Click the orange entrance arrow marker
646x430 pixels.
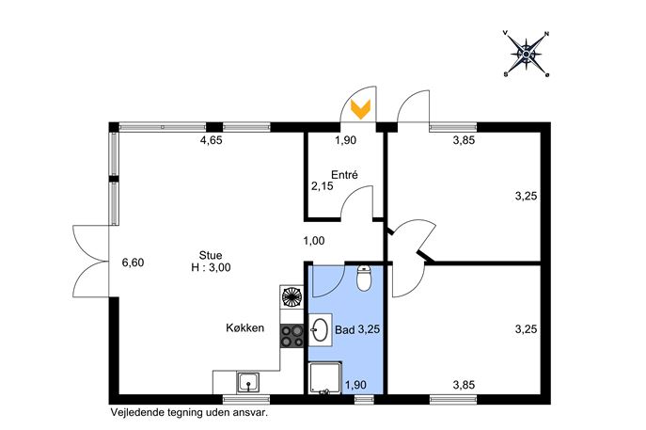(x=360, y=109)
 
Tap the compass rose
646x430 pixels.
(x=527, y=54)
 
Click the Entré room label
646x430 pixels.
(x=344, y=175)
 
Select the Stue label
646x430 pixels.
(x=211, y=255)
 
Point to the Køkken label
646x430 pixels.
(x=244, y=328)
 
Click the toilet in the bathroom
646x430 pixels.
(x=363, y=279)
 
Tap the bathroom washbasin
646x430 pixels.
(x=320, y=330)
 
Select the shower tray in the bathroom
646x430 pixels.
(x=325, y=377)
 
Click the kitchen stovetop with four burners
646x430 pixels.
(x=292, y=336)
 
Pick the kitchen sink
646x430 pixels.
(x=248, y=383)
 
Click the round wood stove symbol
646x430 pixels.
(x=291, y=296)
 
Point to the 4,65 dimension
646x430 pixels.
(x=211, y=140)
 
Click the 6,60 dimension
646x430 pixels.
(x=134, y=263)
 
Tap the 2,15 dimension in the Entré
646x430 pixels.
(x=323, y=186)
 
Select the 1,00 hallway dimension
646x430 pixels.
(x=314, y=240)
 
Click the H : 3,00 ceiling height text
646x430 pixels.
(x=211, y=267)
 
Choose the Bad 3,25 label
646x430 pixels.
(x=357, y=330)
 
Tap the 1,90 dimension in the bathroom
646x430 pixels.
(x=355, y=385)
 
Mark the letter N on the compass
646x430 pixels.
(x=546, y=34)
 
